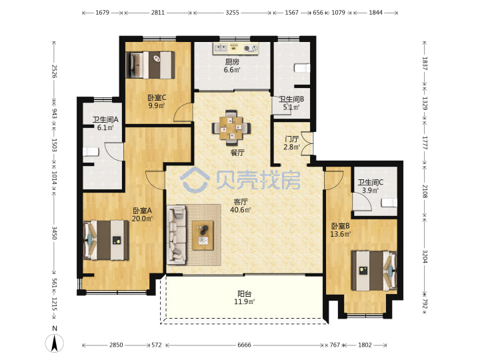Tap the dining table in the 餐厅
231,127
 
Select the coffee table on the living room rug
203,235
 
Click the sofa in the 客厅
177,235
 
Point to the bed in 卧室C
150,65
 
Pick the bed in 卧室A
106,240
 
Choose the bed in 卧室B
374,271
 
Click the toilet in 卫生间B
302,68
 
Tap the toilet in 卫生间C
389,203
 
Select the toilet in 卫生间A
91,151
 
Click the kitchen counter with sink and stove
236,49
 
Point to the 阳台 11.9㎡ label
244,298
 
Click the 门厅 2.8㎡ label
291,143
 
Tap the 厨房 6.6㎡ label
232,66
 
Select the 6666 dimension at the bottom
244,345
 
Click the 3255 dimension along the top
233,13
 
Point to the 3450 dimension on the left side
54,233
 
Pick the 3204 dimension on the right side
425,257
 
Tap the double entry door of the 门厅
307,143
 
